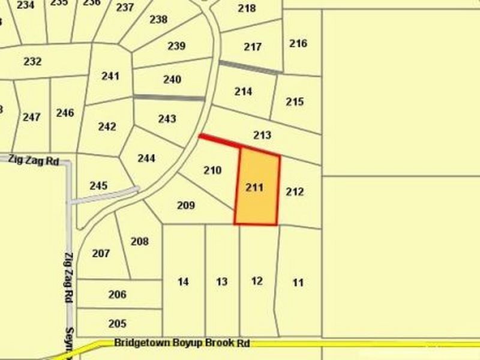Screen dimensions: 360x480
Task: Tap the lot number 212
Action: pyautogui.click(x=295, y=192)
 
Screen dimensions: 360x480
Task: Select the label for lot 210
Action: pyautogui.click(x=212, y=170)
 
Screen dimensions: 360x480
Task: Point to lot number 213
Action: pyautogui.click(x=262, y=135)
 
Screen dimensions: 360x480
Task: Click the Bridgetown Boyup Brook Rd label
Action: pyautogui.click(x=181, y=344)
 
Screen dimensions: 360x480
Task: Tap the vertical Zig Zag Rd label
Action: pyautogui.click(x=68, y=275)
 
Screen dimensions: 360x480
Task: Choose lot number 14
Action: pyautogui.click(x=184, y=281)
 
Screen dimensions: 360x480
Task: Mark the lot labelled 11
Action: pyautogui.click(x=298, y=283)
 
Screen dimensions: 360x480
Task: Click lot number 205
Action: pyautogui.click(x=117, y=323)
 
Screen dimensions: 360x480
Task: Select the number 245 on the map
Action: pyautogui.click(x=98, y=185)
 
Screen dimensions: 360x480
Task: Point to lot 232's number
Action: pyautogui.click(x=32, y=61)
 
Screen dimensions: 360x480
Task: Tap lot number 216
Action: pyautogui.click(x=298, y=43)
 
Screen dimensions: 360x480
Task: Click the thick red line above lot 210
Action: pyautogui.click(x=220, y=141)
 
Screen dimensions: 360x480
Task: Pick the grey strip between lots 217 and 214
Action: pyautogui.click(x=249, y=67)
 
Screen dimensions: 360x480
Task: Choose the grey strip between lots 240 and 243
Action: pyautogui.click(x=169, y=97)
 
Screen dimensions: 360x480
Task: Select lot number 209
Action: pyautogui.click(x=186, y=205)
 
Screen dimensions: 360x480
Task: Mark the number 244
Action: pyautogui.click(x=146, y=158)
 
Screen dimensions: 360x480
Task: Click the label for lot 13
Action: pyautogui.click(x=222, y=281)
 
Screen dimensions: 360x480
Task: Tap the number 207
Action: pyautogui.click(x=101, y=253)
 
